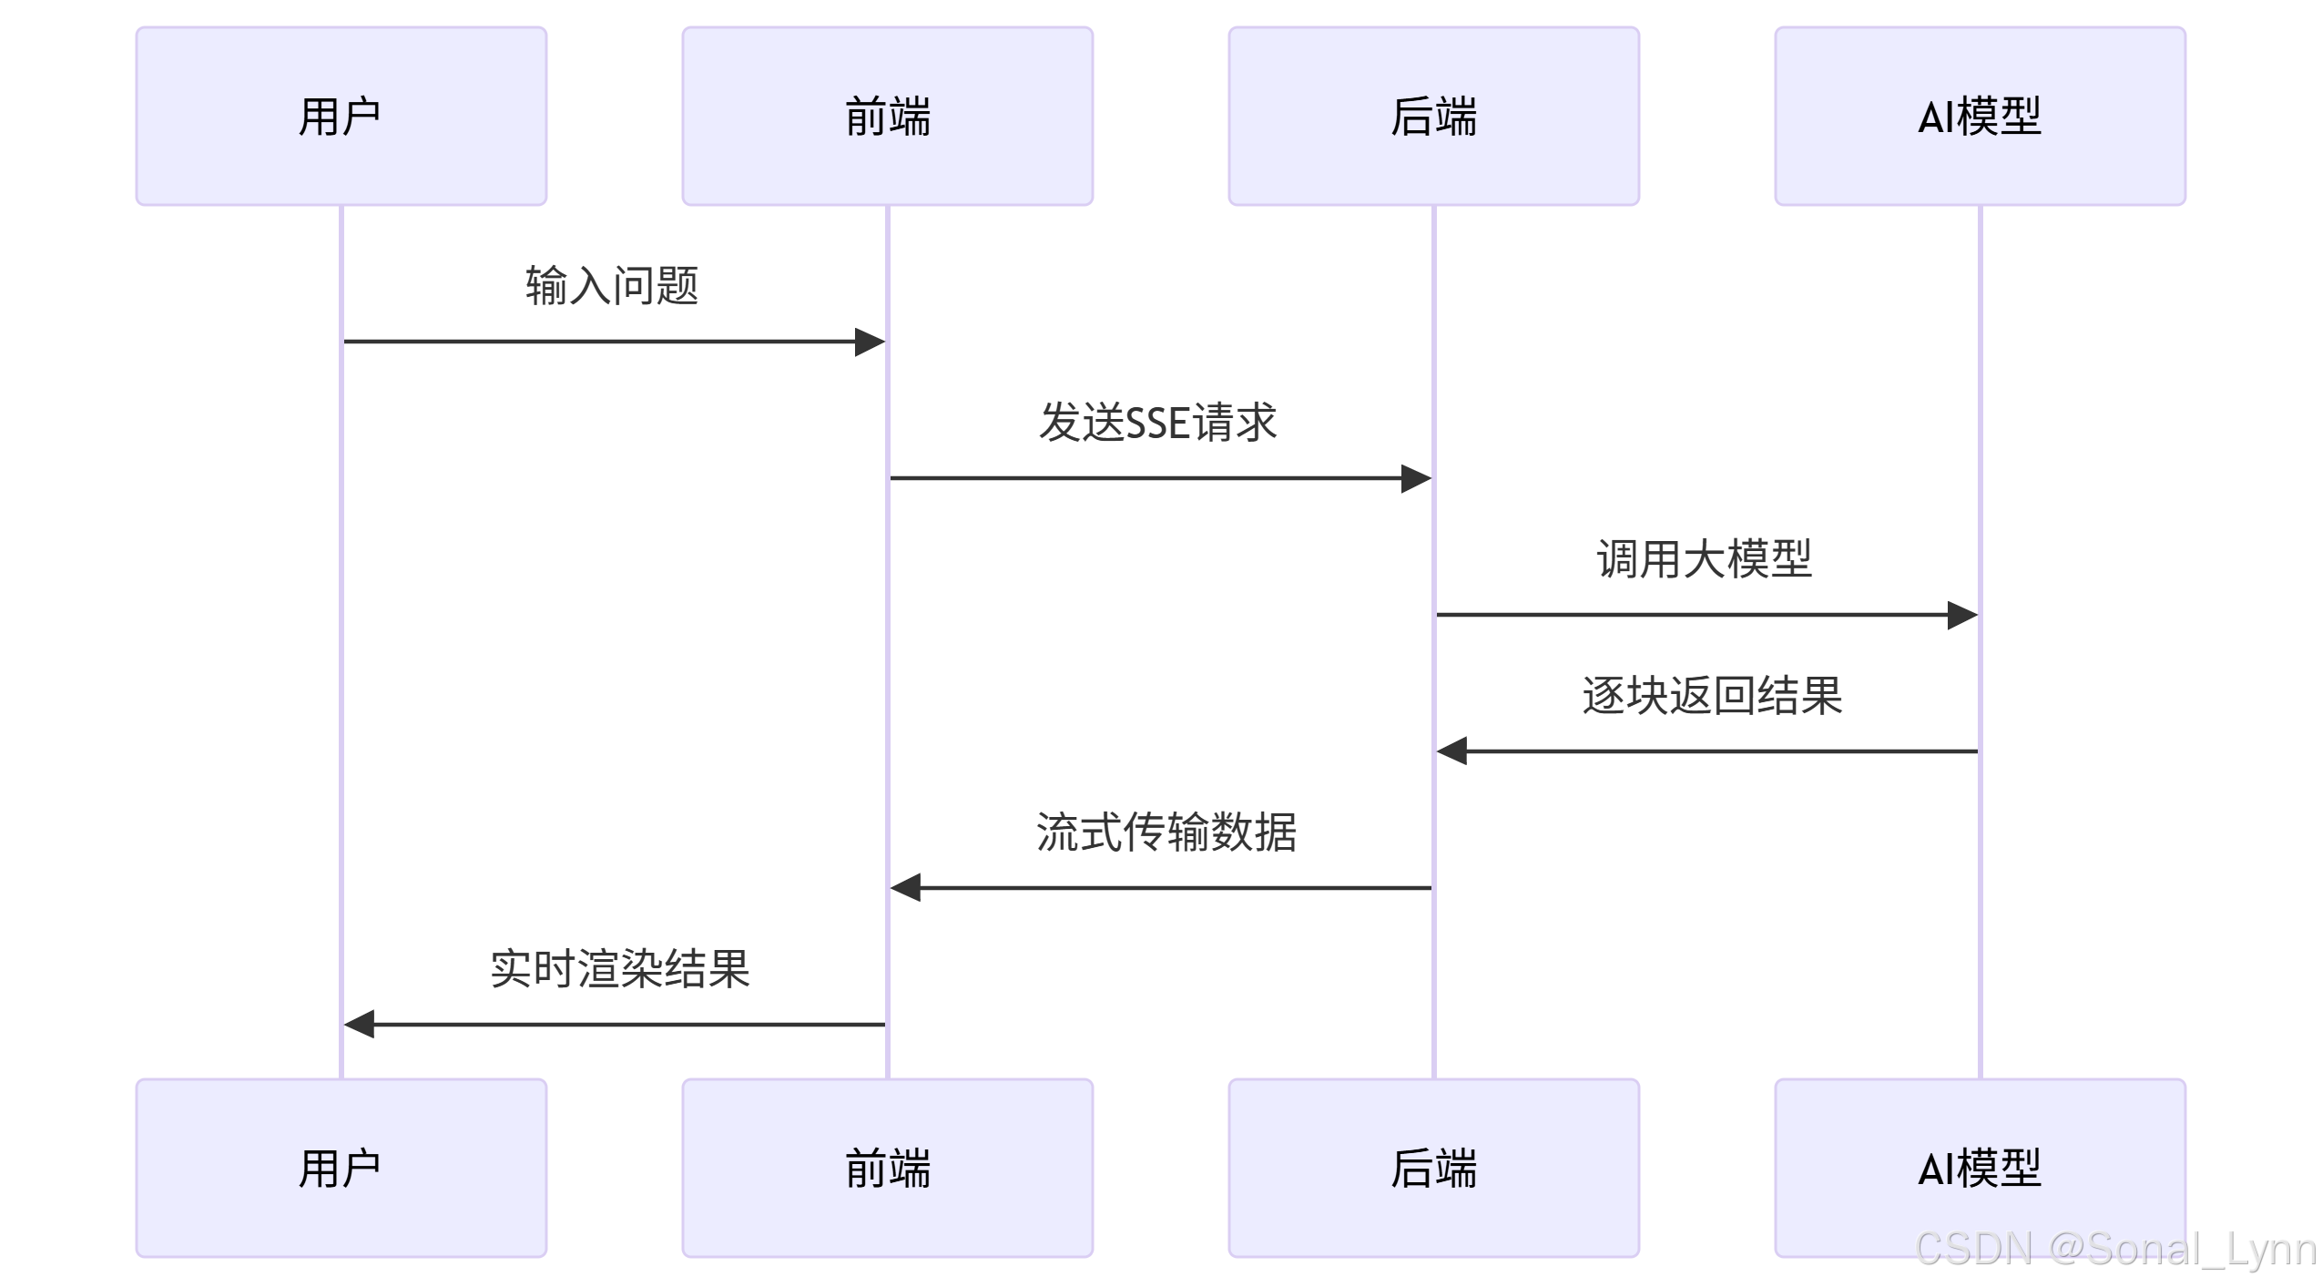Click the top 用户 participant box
pyautogui.click(x=341, y=116)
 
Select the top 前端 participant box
pyautogui.click(x=887, y=116)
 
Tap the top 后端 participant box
pyautogui.click(x=1433, y=116)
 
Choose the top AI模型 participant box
pyautogui.click(x=1980, y=116)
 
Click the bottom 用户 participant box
pyautogui.click(x=341, y=1168)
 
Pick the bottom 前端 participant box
pyautogui.click(x=887, y=1168)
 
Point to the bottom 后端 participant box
pyautogui.click(x=1433, y=1168)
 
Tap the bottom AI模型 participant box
pyautogui.click(x=1980, y=1168)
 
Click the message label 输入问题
pyautogui.click(x=612, y=286)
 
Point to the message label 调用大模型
pyautogui.click(x=1705, y=559)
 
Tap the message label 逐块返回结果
pyautogui.click(x=1712, y=696)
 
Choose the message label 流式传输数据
pyautogui.click(x=1166, y=832)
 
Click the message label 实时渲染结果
pyautogui.click(x=620, y=969)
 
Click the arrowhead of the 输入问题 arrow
pyautogui.click(x=870, y=342)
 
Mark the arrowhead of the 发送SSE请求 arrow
pyautogui.click(x=1416, y=478)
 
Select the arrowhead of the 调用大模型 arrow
pyautogui.click(x=1962, y=615)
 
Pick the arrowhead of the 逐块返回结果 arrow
pyautogui.click(x=1452, y=751)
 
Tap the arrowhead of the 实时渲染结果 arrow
pyautogui.click(x=360, y=1025)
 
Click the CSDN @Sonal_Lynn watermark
pyautogui.click(x=2116, y=1249)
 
